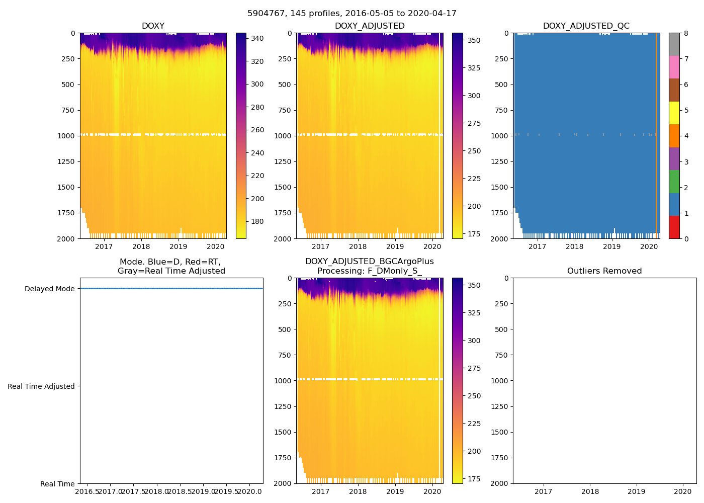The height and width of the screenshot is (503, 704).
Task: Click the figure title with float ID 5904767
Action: coord(352,14)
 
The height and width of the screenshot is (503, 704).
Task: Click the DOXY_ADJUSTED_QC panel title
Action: coord(586,26)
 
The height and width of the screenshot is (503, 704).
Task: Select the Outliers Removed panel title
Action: coord(604,271)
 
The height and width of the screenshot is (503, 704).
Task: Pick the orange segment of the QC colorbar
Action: coord(674,136)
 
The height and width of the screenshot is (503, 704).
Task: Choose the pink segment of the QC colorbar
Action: coord(674,67)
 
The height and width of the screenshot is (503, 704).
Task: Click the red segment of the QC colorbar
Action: coord(674,227)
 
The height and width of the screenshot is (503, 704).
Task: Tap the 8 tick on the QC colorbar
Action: coord(686,33)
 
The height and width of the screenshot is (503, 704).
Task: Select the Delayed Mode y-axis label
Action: coord(49,289)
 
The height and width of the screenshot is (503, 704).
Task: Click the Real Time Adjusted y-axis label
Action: coord(41,386)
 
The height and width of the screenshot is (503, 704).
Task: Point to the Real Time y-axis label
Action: coord(57,484)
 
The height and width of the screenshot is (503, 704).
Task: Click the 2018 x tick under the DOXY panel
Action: coord(141,246)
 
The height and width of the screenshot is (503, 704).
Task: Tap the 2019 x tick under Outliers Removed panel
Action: coord(637,491)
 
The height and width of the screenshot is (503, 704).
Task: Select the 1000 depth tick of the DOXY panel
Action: coord(66,136)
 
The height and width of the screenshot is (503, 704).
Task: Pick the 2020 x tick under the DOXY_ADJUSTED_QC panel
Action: coord(649,246)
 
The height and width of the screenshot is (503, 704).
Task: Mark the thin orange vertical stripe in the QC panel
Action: coord(656,131)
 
